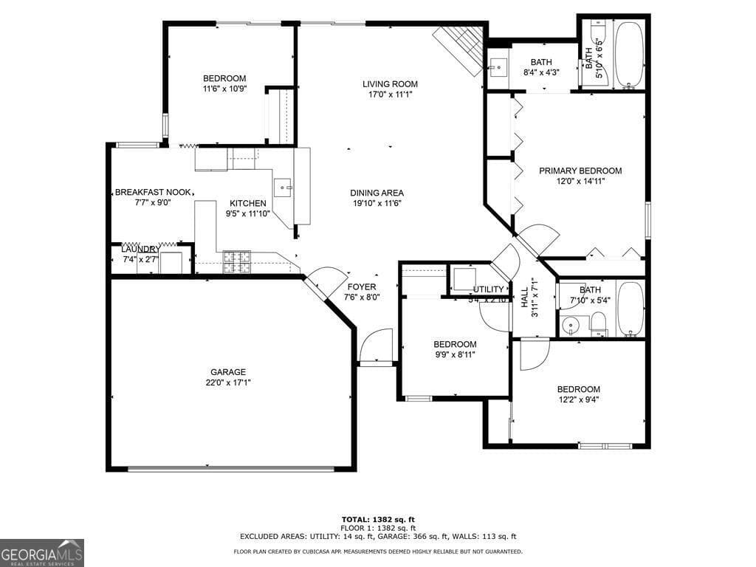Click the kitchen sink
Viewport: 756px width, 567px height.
coord(283,188)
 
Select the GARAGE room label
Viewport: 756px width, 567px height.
coord(228,372)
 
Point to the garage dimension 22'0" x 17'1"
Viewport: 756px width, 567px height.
coord(228,382)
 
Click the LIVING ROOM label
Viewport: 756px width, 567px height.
coord(390,83)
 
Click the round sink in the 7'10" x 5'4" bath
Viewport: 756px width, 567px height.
coord(568,325)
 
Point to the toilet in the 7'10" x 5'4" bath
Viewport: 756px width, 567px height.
coord(598,322)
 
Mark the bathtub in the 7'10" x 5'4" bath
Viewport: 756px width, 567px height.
coord(630,309)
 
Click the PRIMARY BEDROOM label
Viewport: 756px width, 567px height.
coord(580,171)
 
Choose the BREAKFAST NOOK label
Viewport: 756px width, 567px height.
coord(153,192)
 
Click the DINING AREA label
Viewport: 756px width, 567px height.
coord(377,193)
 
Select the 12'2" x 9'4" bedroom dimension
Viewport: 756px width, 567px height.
coord(578,399)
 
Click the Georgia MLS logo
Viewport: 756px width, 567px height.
coord(42,552)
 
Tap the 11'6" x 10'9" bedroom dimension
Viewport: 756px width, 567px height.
coord(224,89)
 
